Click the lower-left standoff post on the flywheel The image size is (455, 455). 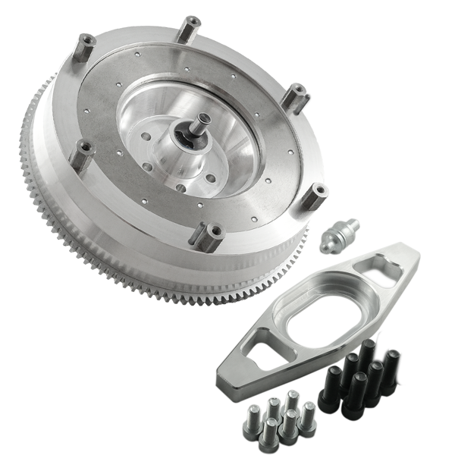pos(78,156)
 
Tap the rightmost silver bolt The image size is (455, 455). pos(308,413)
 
